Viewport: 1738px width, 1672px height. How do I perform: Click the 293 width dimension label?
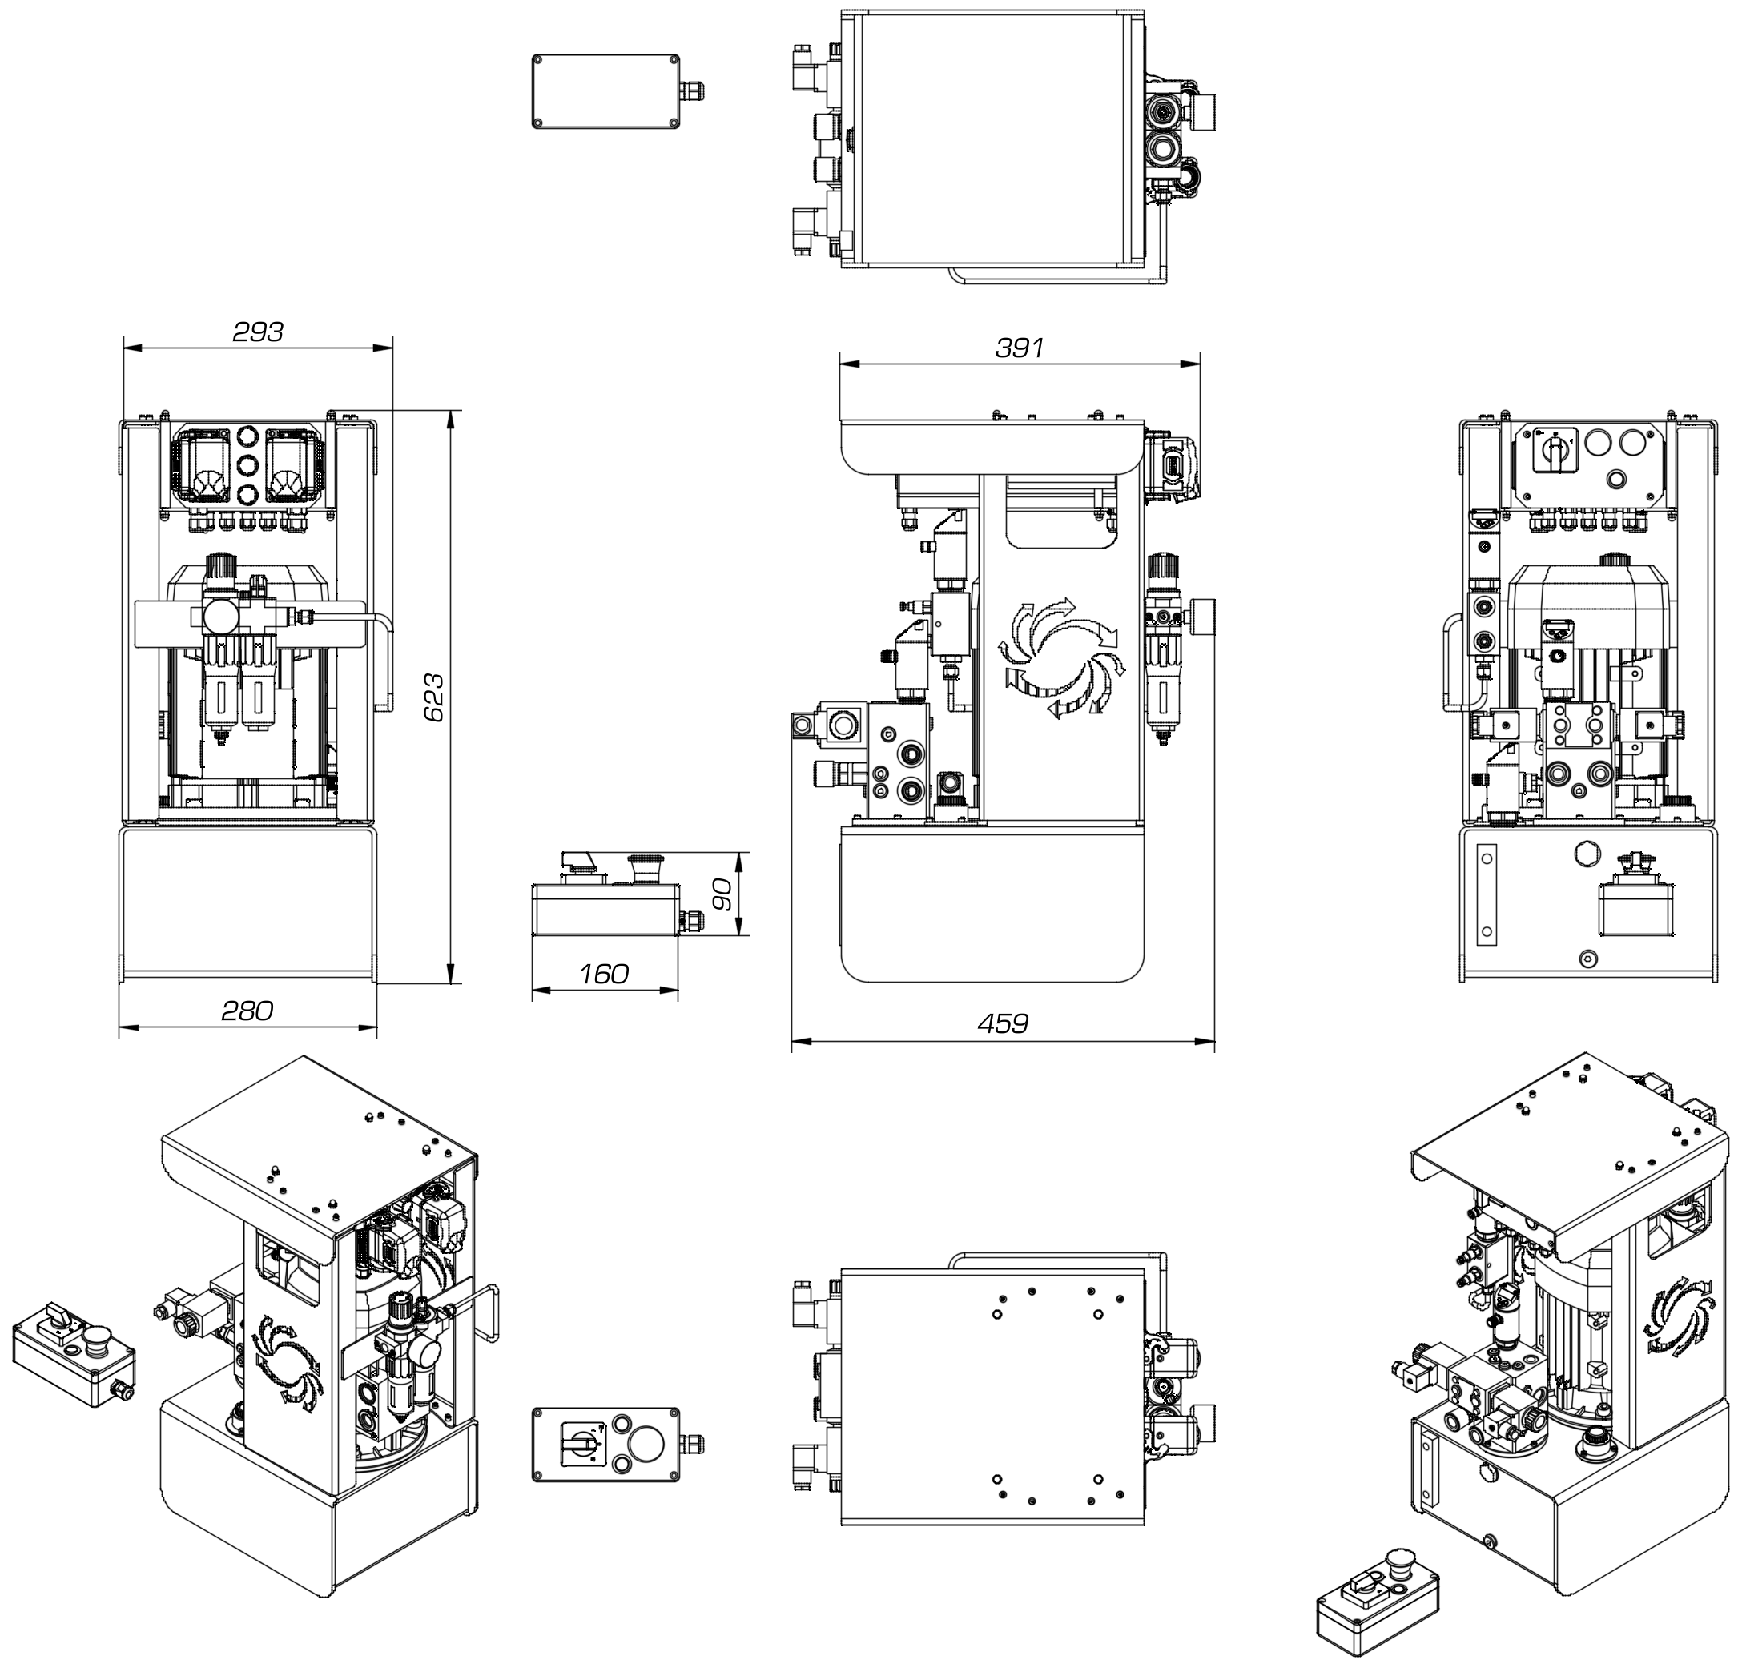(x=258, y=332)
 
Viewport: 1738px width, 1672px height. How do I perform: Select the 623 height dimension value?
(x=433, y=697)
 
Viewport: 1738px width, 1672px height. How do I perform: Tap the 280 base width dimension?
(x=247, y=1011)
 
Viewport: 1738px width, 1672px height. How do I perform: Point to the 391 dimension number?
(x=1019, y=348)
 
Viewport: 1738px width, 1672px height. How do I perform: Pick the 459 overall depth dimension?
(x=1003, y=1024)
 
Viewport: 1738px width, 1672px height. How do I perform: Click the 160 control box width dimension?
(x=604, y=975)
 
